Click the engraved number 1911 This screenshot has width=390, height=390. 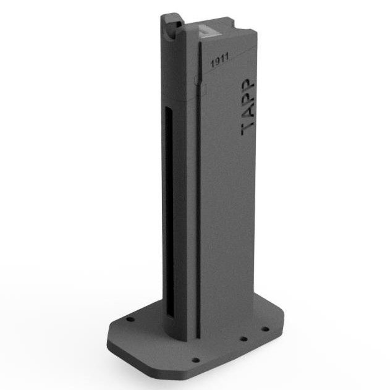point(219,60)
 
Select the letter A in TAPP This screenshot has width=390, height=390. point(248,113)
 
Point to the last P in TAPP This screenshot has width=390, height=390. point(248,86)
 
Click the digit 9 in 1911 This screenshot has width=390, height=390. point(217,61)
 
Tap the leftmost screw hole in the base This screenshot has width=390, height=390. point(130,319)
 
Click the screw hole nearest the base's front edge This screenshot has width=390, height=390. point(196,360)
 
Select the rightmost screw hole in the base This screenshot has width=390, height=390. point(265,329)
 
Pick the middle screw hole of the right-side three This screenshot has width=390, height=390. point(244,339)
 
